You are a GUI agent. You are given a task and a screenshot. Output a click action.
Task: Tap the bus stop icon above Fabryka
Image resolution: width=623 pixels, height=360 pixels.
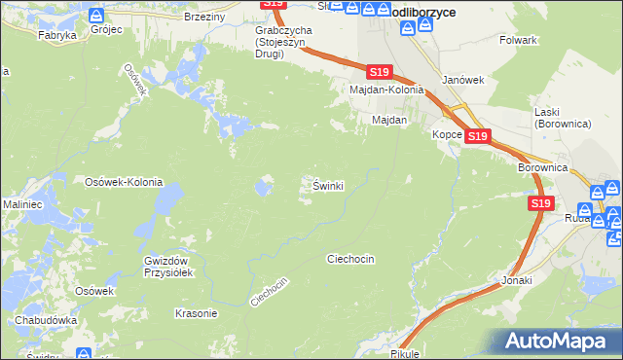click(x=95, y=16)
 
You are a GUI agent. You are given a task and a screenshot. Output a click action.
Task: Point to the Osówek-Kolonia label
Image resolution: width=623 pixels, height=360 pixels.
click(x=124, y=182)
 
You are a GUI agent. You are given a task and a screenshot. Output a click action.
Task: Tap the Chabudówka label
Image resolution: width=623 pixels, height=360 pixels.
click(x=46, y=320)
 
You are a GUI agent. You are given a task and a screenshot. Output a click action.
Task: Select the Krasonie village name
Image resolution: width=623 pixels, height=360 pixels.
click(x=196, y=313)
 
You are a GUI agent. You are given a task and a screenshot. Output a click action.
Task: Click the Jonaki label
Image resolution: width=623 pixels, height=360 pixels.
click(x=517, y=279)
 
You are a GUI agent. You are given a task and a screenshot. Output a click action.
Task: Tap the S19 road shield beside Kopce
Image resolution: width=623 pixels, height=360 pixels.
click(x=477, y=137)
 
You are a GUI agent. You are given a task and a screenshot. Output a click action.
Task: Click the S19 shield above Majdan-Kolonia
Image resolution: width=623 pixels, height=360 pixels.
click(x=381, y=72)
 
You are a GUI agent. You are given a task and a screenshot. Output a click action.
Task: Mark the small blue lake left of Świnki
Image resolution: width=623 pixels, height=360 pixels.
click(x=264, y=186)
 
